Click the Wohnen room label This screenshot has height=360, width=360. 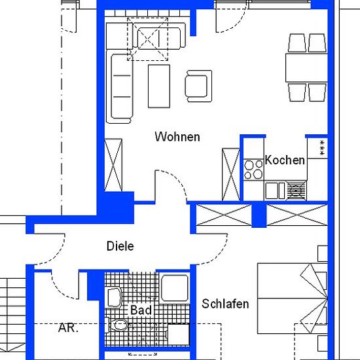pyautogui.click(x=177, y=137)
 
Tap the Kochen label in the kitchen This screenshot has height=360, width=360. pyautogui.click(x=285, y=160)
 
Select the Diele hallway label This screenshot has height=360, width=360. pyautogui.click(x=120, y=246)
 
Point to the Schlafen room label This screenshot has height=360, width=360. pyautogui.click(x=225, y=304)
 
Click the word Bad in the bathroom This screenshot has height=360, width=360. pyautogui.click(x=141, y=310)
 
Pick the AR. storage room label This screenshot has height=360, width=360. pyautogui.click(x=68, y=328)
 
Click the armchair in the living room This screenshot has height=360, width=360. pyautogui.click(x=198, y=86)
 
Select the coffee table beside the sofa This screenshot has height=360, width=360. pyautogui.click(x=159, y=86)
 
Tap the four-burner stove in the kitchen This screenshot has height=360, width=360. pyautogui.click(x=253, y=170)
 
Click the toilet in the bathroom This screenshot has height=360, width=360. pyautogui.click(x=118, y=325)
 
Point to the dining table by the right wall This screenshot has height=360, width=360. pyautogui.click(x=306, y=67)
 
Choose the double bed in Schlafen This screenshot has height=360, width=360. pyautogui.click(x=293, y=298)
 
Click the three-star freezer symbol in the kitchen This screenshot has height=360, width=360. pyautogui.click(x=322, y=148)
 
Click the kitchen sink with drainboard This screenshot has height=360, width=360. pyautogui.click(x=285, y=190)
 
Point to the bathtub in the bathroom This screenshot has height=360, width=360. pyautogui.click(x=175, y=289)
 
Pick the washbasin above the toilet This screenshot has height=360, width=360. pyautogui.click(x=115, y=297)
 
